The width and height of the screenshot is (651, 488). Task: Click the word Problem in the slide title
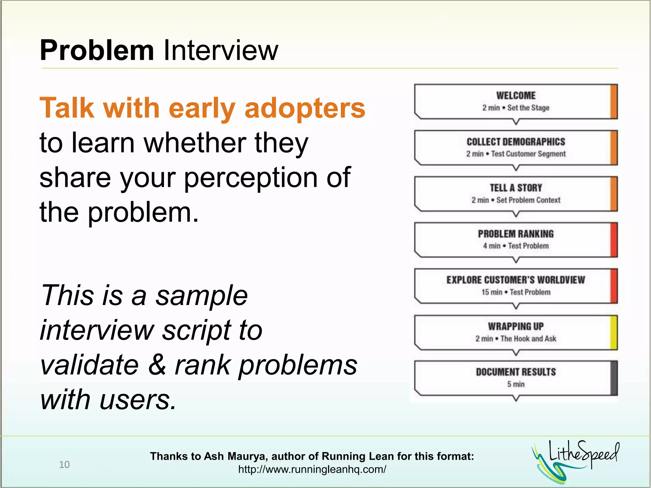(x=97, y=50)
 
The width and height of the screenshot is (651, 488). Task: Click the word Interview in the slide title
(x=221, y=50)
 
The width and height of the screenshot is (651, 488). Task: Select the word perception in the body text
(x=250, y=178)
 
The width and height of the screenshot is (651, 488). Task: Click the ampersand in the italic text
(x=157, y=365)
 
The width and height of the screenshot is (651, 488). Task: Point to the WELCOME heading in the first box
(x=516, y=95)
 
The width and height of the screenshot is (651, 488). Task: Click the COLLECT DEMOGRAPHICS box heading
(x=516, y=142)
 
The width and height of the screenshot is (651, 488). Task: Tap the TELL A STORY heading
(x=516, y=188)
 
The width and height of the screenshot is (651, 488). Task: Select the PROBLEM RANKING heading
(x=516, y=234)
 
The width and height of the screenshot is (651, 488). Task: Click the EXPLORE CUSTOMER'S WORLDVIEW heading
(x=516, y=280)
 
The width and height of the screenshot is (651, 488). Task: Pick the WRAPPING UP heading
(x=516, y=326)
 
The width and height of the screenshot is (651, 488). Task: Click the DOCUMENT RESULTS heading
(x=516, y=372)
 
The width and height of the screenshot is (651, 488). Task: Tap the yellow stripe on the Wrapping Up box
(x=613, y=332)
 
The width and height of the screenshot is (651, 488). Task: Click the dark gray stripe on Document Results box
(x=613, y=378)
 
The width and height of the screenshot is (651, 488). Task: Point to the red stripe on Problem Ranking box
(x=613, y=240)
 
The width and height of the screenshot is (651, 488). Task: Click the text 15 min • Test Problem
(x=516, y=292)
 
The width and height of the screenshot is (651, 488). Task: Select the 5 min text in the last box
(x=516, y=384)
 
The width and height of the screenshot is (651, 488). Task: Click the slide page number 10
(x=64, y=464)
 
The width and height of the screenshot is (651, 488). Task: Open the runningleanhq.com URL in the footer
(x=312, y=469)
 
